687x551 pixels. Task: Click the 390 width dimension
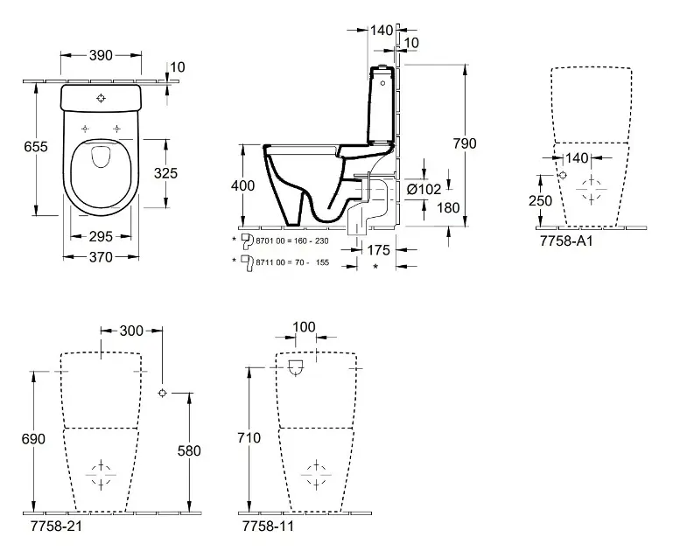click(102, 55)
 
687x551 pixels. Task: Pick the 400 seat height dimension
click(244, 185)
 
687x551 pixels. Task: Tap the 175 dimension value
click(378, 250)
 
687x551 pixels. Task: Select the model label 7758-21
click(51, 527)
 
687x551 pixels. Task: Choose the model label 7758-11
click(267, 527)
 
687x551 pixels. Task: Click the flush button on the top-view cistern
click(102, 98)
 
